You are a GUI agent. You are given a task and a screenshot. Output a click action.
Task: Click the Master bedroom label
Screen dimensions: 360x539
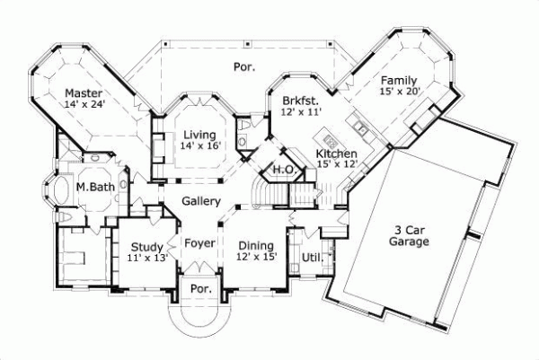point(82,92)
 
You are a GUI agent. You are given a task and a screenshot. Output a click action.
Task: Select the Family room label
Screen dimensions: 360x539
point(398,79)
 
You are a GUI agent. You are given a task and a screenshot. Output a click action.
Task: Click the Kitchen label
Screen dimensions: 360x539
point(336,154)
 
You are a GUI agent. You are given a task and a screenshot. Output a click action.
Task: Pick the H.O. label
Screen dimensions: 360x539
point(285,170)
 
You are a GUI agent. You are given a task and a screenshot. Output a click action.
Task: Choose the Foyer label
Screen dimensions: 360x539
point(199,242)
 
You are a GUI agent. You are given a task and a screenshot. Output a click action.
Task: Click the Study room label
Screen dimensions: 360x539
point(146,247)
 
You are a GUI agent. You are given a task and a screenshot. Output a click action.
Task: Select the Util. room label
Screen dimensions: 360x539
point(312,258)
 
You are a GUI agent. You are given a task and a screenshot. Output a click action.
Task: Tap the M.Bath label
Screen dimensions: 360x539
point(93,187)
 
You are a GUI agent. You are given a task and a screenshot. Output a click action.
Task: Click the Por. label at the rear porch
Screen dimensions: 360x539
point(243,66)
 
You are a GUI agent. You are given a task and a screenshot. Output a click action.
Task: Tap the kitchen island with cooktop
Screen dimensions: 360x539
point(330,140)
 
